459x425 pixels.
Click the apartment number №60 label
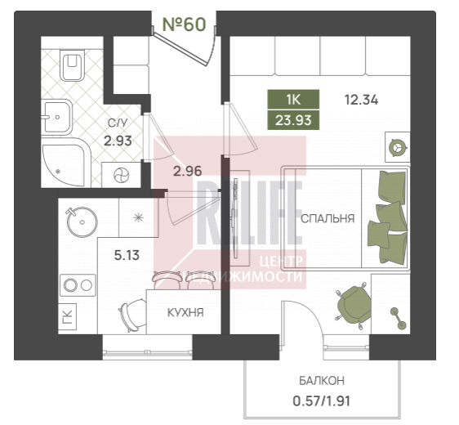click(184, 25)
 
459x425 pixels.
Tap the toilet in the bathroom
click(72, 65)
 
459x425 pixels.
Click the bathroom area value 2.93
click(118, 141)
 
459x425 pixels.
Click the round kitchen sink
click(82, 221)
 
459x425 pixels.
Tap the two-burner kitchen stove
click(78, 285)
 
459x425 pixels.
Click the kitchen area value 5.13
click(127, 256)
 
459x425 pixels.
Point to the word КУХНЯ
click(185, 313)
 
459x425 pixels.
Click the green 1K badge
click(293, 100)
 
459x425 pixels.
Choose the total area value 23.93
click(293, 120)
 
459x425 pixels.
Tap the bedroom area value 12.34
click(361, 101)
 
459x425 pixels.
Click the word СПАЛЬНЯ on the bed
click(328, 218)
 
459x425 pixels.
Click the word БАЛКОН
click(322, 381)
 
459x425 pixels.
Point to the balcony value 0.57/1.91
click(322, 401)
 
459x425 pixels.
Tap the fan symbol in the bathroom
click(121, 175)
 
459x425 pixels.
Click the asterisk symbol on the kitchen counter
click(138, 217)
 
